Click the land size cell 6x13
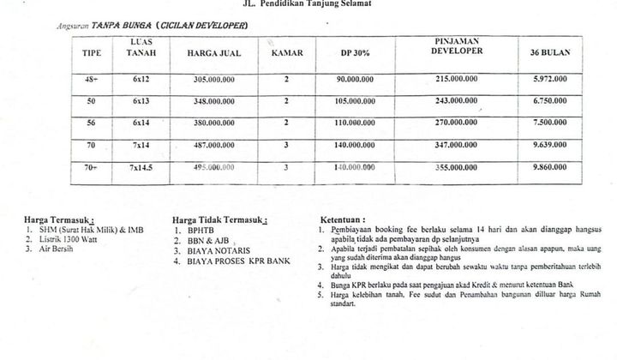click(141, 101)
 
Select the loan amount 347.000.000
click(457, 145)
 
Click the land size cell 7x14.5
click(141, 167)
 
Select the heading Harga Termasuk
click(60, 219)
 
